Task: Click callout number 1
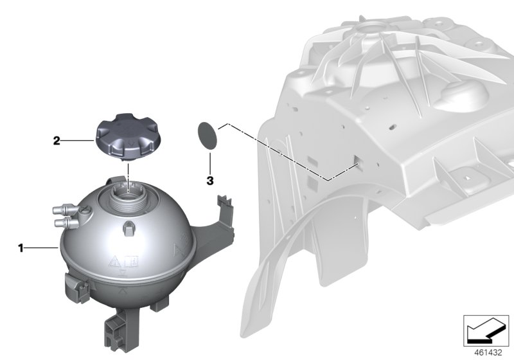[x=21, y=247]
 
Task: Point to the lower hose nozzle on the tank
[x=61, y=223]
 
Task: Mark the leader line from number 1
[x=42, y=247]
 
